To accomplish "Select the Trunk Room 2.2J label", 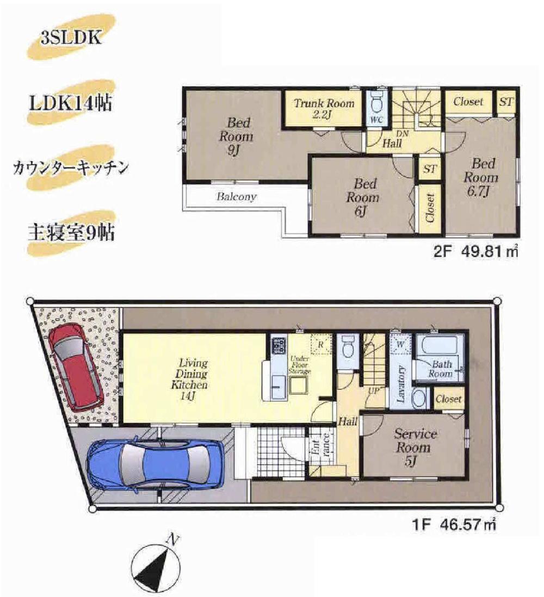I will pos(324,108).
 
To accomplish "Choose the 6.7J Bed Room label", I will pos(483,177).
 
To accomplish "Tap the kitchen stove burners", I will pos(279,345).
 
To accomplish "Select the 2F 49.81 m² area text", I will pos(473,252).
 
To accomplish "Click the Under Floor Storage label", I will pos(300,365).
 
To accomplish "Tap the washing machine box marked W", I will pos(401,344).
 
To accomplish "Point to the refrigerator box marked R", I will pos(320,344).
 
